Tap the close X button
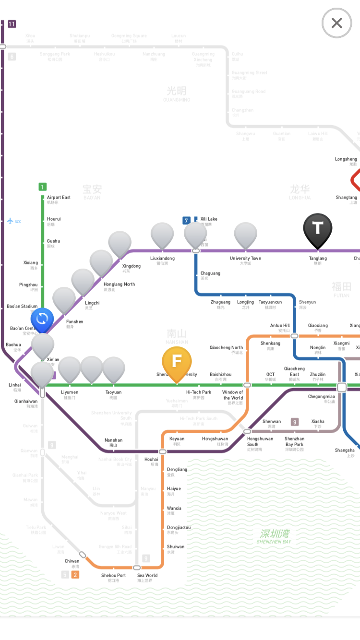(336, 23)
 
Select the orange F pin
(177, 361)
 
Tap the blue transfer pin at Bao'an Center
(42, 319)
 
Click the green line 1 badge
(43, 187)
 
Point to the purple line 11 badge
(12, 24)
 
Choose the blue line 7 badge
(187, 221)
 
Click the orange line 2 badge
(75, 575)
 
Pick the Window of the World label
(233, 395)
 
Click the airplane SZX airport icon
(11, 221)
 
